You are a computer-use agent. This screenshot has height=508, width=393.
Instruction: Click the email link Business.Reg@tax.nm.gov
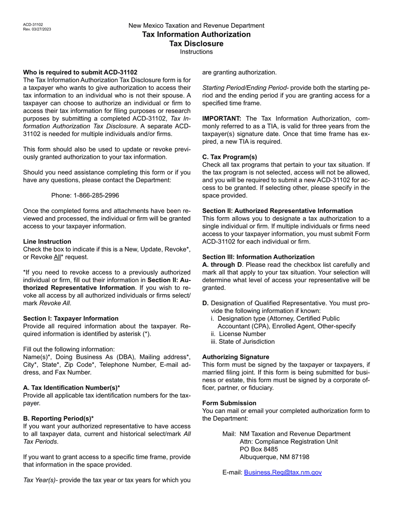point(283,472)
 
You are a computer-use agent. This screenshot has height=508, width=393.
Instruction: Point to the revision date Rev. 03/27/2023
point(37,29)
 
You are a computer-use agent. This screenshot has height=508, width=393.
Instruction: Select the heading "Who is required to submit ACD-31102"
point(80,72)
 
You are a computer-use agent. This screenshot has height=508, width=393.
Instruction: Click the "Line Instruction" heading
point(47,242)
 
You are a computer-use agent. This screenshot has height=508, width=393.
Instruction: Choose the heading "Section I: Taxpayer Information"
point(71,318)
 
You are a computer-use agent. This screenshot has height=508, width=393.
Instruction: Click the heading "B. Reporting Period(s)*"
point(58,418)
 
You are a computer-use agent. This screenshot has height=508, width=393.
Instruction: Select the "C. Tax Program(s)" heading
point(230,157)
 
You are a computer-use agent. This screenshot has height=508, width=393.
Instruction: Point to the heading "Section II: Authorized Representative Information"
point(277,211)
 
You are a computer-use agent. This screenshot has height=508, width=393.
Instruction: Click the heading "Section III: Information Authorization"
point(258,257)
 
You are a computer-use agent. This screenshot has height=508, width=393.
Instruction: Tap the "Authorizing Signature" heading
point(235,357)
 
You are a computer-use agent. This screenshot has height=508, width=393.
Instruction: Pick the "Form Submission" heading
point(229,403)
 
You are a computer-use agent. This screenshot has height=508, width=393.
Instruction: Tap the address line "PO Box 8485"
point(259,449)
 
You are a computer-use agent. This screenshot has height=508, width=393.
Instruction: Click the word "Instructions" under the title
point(196,52)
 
